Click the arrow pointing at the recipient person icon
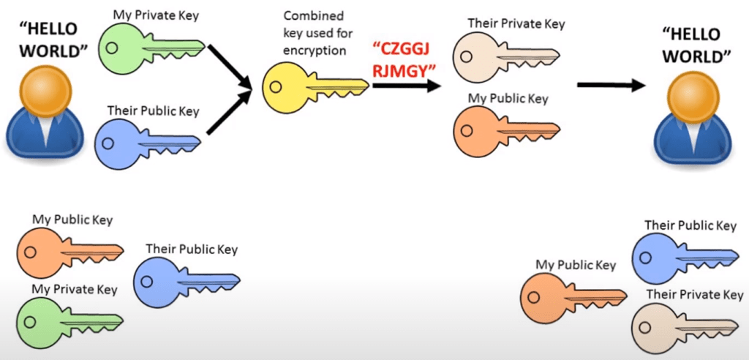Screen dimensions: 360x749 click(x=611, y=86)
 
